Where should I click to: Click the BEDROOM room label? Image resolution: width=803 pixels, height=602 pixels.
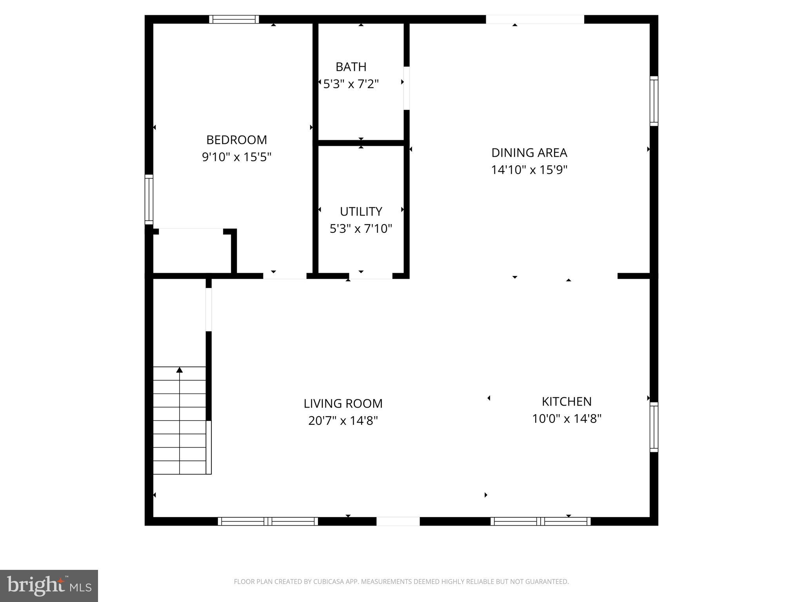[236, 140]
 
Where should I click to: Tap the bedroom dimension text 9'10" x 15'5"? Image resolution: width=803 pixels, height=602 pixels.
[236, 157]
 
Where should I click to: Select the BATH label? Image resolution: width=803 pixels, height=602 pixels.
[351, 67]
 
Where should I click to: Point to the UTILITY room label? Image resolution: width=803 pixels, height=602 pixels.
[361, 212]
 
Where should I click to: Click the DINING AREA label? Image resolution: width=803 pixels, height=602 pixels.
[529, 153]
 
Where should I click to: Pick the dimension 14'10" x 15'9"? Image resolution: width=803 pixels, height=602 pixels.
[529, 170]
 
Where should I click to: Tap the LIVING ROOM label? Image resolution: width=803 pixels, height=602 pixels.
[343, 404]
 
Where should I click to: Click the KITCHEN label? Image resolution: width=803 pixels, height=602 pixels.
[567, 402]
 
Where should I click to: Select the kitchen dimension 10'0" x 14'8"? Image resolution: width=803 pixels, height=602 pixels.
[567, 419]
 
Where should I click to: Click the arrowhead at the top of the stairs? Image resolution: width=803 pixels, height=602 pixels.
[180, 370]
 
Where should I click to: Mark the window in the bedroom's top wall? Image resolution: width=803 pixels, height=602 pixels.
[234, 20]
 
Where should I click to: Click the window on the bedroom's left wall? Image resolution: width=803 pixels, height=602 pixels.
[149, 199]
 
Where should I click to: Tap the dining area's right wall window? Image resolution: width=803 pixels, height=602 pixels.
[654, 101]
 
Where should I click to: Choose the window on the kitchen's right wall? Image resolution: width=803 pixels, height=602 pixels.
[654, 427]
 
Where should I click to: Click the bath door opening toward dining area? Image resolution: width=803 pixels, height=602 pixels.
[407, 88]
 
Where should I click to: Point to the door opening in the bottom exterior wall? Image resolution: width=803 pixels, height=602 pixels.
[398, 521]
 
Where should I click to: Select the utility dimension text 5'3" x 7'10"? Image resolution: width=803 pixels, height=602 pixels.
[361, 229]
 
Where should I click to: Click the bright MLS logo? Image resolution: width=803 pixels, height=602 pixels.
[49, 586]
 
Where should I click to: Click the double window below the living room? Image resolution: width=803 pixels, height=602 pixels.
[268, 521]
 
